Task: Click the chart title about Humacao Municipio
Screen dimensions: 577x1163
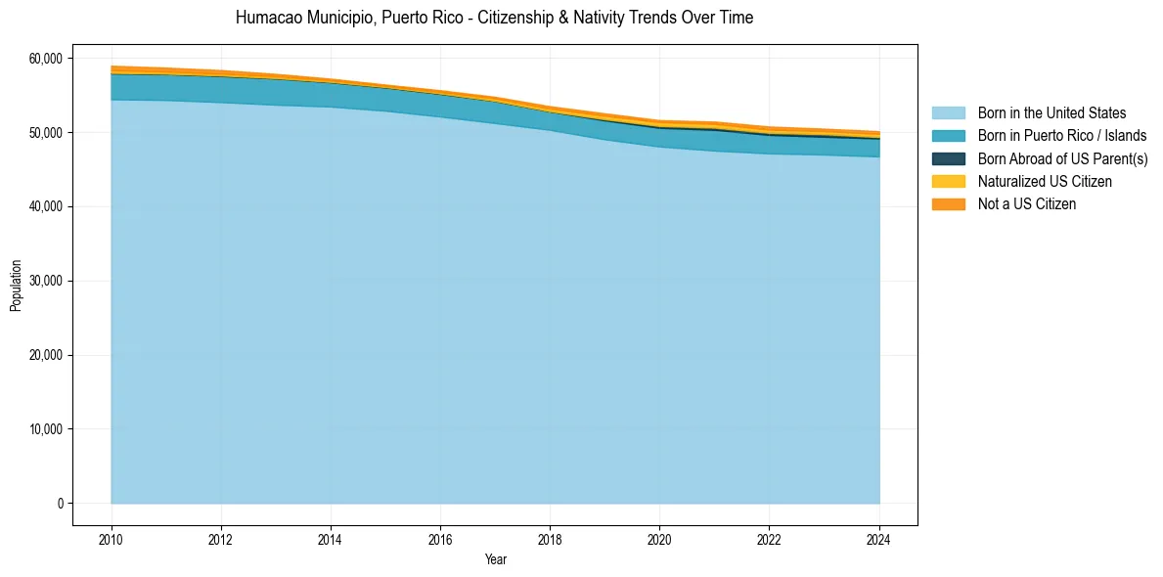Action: point(494,18)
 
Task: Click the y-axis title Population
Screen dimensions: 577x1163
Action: point(16,286)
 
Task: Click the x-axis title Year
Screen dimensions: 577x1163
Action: point(495,559)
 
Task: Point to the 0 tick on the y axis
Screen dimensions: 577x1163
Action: point(59,504)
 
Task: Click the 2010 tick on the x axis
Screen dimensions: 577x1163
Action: point(112,538)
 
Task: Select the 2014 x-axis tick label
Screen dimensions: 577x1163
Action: point(331,538)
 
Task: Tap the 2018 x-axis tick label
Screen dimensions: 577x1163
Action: point(550,538)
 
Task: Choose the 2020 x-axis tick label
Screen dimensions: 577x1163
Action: point(659,538)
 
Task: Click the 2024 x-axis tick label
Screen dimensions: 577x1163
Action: point(879,538)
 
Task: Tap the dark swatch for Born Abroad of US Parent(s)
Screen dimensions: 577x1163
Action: point(948,158)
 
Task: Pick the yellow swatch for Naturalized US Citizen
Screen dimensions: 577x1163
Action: point(948,182)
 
